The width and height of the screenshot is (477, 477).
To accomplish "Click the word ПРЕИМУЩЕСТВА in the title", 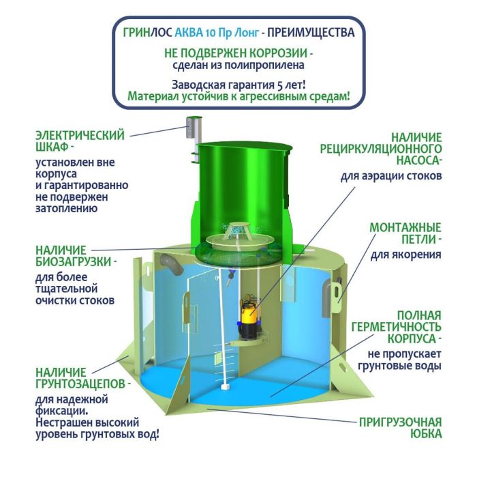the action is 311,32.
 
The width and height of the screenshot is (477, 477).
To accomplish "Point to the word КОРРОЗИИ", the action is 279,53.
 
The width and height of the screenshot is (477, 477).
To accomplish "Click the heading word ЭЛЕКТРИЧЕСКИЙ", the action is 80,135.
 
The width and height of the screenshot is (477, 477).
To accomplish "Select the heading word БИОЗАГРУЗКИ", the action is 74,261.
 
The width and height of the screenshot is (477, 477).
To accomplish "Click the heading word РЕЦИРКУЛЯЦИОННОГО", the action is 381,149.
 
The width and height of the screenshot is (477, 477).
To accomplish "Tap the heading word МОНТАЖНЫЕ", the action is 405,227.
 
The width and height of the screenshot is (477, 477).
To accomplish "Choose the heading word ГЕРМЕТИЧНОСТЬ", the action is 397,326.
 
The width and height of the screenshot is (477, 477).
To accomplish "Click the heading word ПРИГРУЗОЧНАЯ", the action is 401,422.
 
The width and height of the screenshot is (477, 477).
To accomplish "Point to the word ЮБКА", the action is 426,434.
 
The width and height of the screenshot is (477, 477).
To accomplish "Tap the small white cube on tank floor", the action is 225,386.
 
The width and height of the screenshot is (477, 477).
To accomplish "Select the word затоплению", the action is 67,209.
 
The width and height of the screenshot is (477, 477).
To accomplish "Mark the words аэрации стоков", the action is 401,176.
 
